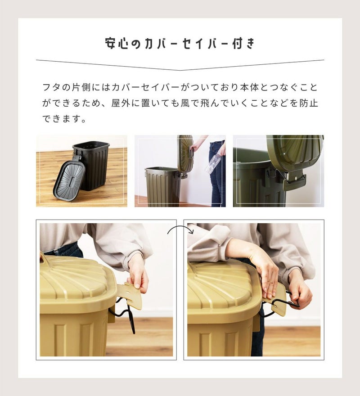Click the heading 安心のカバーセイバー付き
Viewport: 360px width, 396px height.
point(180,44)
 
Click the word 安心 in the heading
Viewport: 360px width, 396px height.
point(116,44)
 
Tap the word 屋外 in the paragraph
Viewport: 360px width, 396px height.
point(120,103)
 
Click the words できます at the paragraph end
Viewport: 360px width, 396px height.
point(62,118)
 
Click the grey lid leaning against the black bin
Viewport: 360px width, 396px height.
point(69,179)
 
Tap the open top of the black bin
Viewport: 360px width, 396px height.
point(91,145)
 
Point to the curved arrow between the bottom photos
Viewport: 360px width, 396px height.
point(180,229)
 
